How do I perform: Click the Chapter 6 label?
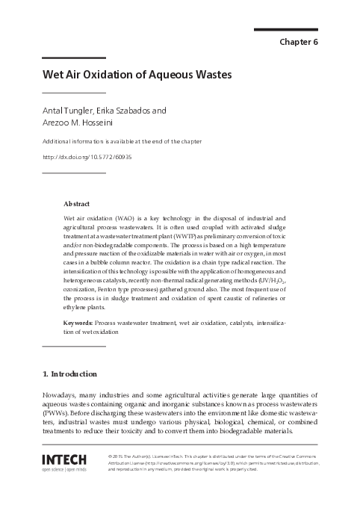pyautogui.click(x=299, y=42)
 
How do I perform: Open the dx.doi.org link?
pyautogui.click(x=87, y=157)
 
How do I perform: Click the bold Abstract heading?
pyautogui.click(x=77, y=203)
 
